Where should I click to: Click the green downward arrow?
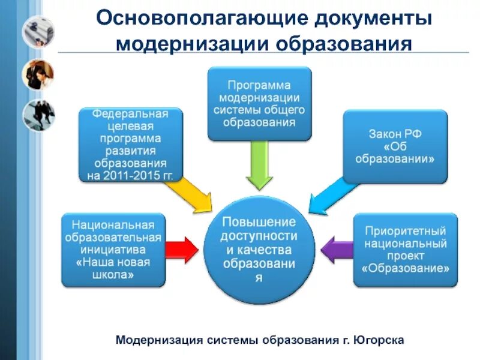click(260, 165)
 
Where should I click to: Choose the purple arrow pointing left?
click(337, 248)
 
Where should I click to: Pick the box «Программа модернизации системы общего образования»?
click(260, 103)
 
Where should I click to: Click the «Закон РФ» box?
click(394, 146)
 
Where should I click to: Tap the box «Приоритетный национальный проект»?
click(405, 249)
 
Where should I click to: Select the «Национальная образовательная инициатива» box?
click(113, 249)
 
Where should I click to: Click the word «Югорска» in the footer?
click(382, 340)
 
